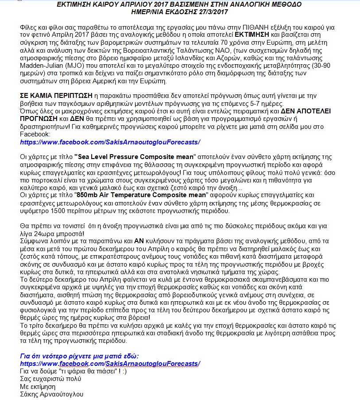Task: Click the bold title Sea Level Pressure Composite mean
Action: [x=135, y=156]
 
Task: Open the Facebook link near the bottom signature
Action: [x=110, y=363]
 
